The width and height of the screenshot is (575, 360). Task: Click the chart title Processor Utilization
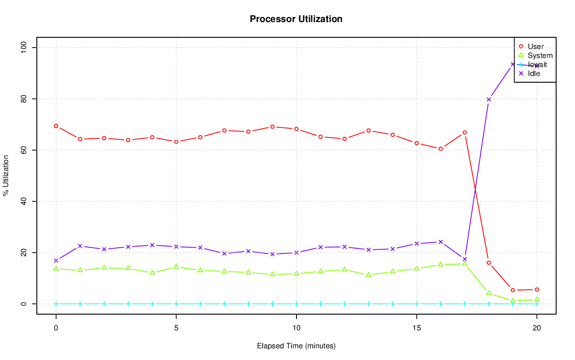click(296, 19)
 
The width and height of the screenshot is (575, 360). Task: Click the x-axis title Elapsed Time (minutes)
click(296, 346)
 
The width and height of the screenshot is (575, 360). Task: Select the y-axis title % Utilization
click(6, 176)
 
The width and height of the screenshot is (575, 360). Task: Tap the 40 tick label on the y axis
click(24, 201)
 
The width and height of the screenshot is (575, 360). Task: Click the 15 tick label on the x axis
click(416, 329)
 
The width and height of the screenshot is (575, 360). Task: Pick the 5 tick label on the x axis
click(176, 329)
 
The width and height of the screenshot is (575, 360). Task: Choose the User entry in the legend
click(535, 46)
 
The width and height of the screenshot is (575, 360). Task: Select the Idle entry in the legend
click(534, 73)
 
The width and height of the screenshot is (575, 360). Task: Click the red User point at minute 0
click(56, 126)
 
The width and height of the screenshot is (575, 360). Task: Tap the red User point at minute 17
click(464, 133)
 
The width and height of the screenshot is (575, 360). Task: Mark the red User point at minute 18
click(489, 262)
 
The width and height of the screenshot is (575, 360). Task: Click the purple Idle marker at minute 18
click(489, 99)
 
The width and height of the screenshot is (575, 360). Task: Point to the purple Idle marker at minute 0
click(56, 261)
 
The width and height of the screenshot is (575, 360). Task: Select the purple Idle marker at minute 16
click(441, 242)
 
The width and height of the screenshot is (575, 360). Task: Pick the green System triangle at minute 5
click(176, 267)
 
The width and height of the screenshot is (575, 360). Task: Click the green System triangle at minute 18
click(489, 293)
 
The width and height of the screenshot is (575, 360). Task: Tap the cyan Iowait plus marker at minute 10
click(296, 304)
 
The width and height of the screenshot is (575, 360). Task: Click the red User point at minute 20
click(537, 289)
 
